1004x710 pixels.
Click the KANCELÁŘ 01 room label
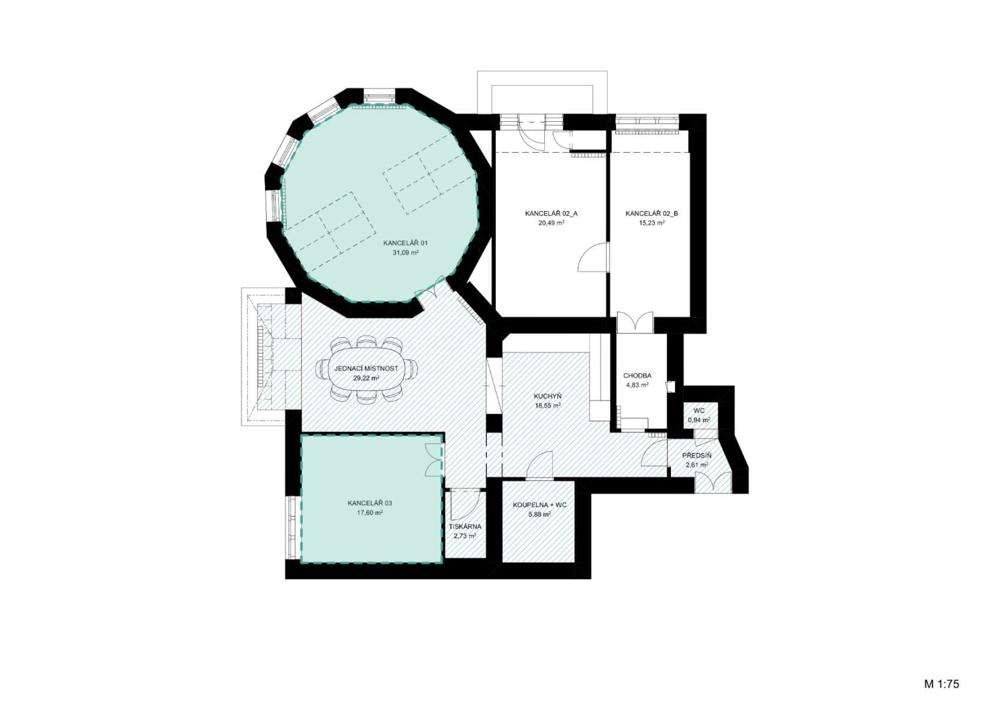point(406,243)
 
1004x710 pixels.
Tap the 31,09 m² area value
point(406,253)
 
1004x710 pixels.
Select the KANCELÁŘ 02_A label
point(551,214)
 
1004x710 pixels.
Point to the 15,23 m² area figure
point(652,223)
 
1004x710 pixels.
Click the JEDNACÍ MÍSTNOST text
point(366,369)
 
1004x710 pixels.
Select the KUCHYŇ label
point(548,396)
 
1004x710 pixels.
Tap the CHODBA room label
point(637,376)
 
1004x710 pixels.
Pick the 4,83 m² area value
point(637,385)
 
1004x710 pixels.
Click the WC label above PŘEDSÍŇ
point(699,411)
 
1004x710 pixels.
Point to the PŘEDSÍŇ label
point(696,456)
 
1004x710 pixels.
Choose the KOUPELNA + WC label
point(540,505)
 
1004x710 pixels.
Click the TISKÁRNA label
point(465,526)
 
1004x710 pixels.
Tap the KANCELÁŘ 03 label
point(370,503)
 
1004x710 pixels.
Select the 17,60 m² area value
point(370,513)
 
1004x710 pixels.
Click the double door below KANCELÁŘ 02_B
point(635,322)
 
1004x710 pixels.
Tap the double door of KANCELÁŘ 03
point(434,459)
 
